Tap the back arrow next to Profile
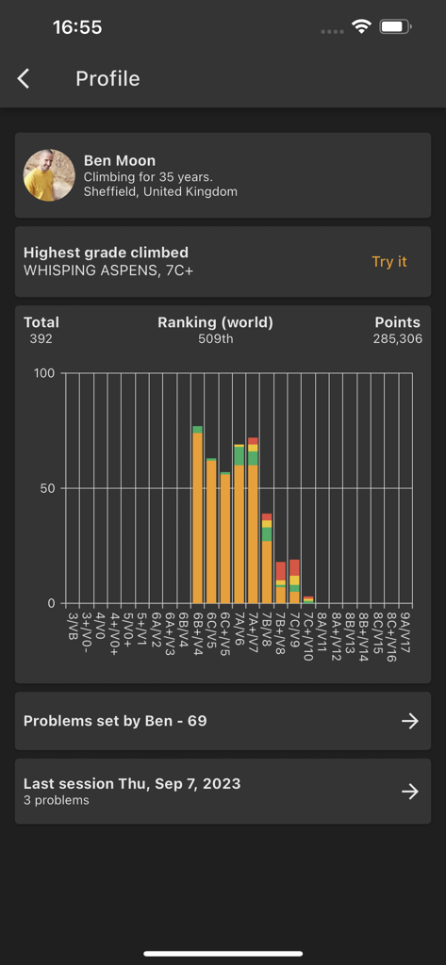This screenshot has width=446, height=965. pyautogui.click(x=24, y=79)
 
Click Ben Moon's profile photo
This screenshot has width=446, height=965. pyautogui.click(x=49, y=175)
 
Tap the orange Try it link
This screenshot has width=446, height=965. pyautogui.click(x=389, y=262)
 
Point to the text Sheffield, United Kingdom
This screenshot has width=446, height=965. pyautogui.click(x=160, y=191)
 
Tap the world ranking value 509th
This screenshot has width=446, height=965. pyautogui.click(x=215, y=338)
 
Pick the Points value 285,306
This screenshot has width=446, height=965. pyautogui.click(x=398, y=338)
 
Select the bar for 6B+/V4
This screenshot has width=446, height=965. pyautogui.click(x=198, y=518)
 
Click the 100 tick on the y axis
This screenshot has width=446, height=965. pyautogui.click(x=43, y=373)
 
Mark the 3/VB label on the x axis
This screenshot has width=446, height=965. pyautogui.click(x=74, y=625)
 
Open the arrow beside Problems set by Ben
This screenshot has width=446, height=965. pyautogui.click(x=410, y=721)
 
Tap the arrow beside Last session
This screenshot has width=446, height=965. pyautogui.click(x=410, y=792)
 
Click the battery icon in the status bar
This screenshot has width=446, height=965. pyautogui.click(x=394, y=27)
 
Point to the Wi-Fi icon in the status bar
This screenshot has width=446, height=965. pyautogui.click(x=361, y=27)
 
